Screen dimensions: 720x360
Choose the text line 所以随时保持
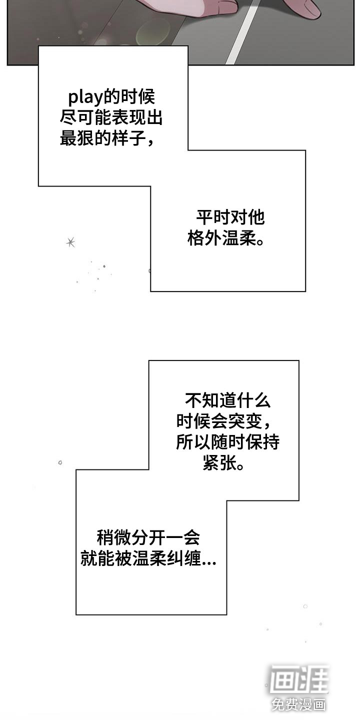[x=227, y=442]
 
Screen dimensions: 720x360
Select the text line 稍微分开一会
[x=148, y=538]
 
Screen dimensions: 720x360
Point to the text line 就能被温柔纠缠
[x=142, y=559]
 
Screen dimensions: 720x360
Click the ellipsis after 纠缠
[x=209, y=562]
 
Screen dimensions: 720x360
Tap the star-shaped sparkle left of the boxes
[x=70, y=242]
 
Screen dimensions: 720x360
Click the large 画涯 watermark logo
[x=299, y=679]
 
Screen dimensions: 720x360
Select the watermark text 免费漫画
[x=299, y=704]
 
